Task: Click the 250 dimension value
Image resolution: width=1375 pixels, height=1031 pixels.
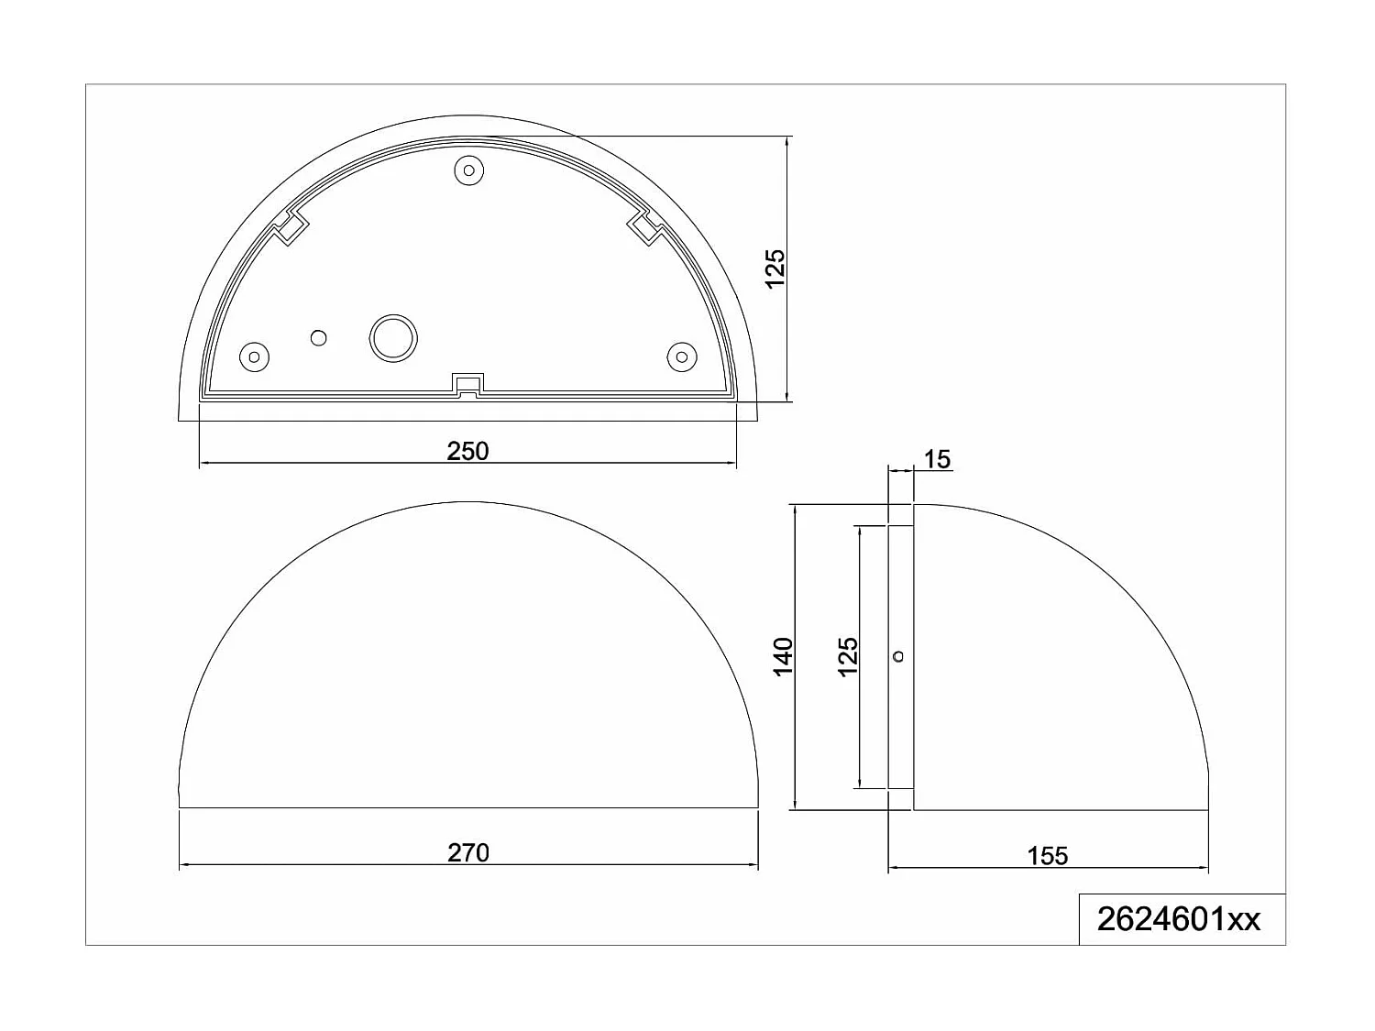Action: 467,451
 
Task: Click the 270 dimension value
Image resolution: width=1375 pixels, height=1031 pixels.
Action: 468,853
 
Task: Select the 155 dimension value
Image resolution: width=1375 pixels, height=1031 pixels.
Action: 1048,856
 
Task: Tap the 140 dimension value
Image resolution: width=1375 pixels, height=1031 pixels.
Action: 783,657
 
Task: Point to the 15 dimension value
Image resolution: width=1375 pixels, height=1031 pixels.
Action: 938,459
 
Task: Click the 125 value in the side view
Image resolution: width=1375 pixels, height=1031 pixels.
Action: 848,657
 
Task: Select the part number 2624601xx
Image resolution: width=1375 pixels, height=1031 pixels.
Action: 1179,919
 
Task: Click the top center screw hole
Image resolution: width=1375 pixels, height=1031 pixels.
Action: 469,170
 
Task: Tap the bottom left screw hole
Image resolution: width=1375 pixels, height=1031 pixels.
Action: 254,356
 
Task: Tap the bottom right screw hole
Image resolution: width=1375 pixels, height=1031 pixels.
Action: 681,356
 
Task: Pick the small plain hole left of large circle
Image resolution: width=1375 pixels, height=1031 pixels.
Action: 319,338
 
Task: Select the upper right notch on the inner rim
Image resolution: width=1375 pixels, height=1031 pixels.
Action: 645,227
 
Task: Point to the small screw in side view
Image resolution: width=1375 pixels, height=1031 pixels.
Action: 898,656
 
